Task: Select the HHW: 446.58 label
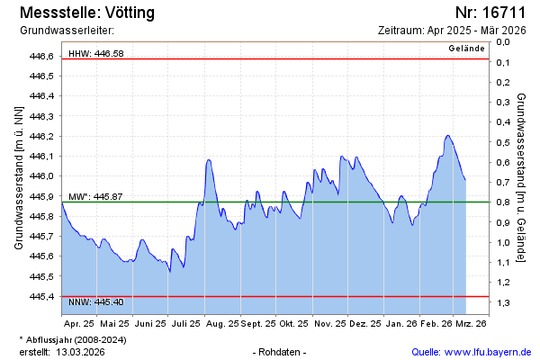click(95, 54)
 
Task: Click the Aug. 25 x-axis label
click(221, 322)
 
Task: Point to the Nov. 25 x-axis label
click(330, 322)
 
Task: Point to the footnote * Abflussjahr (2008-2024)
click(72, 339)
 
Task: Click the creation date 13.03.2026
click(81, 352)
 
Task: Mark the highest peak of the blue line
click(447, 136)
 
